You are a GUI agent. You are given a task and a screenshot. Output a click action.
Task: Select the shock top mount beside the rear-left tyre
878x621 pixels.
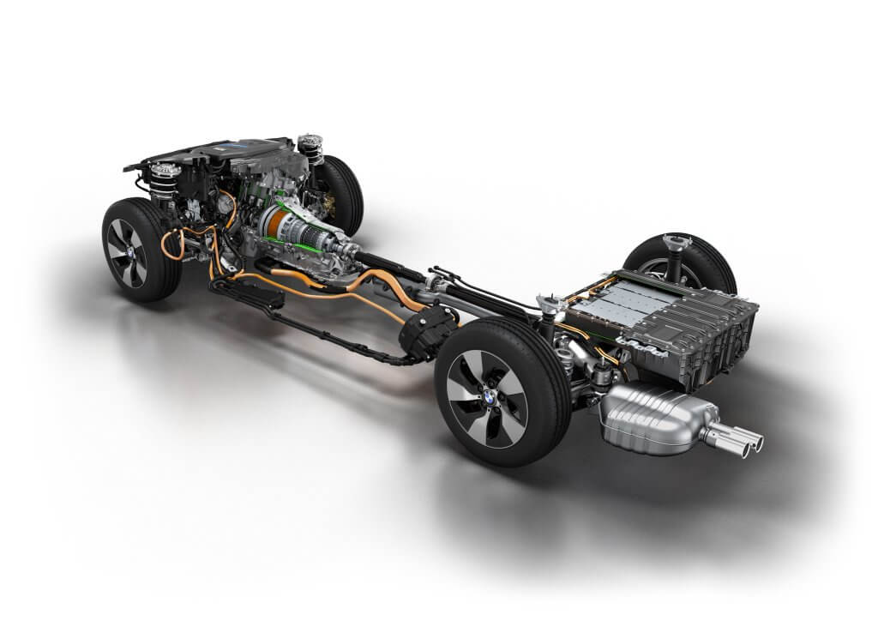tap(546, 304)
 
